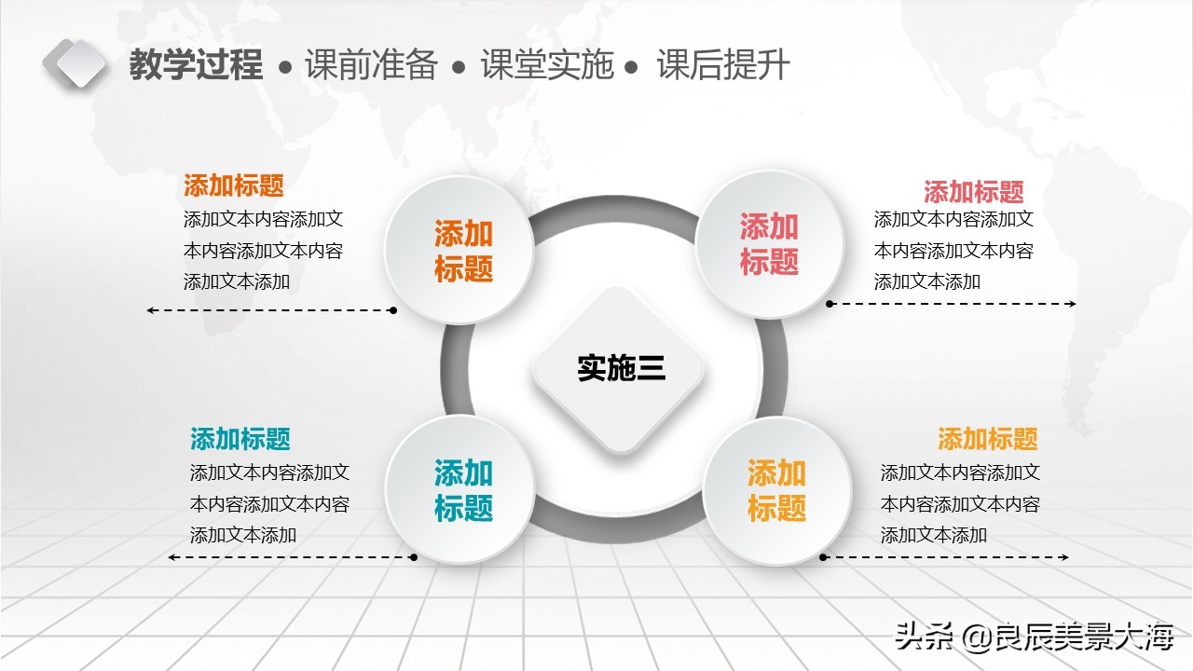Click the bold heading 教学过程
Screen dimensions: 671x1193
click(196, 65)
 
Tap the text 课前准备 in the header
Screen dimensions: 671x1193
click(371, 65)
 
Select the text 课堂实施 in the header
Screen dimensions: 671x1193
click(547, 65)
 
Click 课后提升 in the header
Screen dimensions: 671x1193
click(723, 65)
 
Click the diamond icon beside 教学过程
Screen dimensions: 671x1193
click(75, 63)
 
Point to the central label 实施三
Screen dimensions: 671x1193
click(621, 368)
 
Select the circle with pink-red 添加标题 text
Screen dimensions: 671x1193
click(770, 244)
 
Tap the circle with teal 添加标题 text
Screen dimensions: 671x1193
click(462, 490)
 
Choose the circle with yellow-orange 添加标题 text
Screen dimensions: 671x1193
click(776, 490)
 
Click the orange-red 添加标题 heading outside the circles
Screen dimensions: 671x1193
click(233, 185)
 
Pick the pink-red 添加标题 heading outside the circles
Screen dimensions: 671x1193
click(973, 192)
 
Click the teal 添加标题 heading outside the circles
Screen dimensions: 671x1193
click(240, 438)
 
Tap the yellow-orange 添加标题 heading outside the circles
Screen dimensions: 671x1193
click(987, 438)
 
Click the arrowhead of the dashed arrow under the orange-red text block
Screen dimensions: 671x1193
click(150, 309)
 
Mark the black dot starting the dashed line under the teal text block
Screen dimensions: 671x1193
click(414, 557)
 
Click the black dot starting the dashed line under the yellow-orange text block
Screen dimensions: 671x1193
click(823, 557)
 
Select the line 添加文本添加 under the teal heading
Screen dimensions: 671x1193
click(243, 535)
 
